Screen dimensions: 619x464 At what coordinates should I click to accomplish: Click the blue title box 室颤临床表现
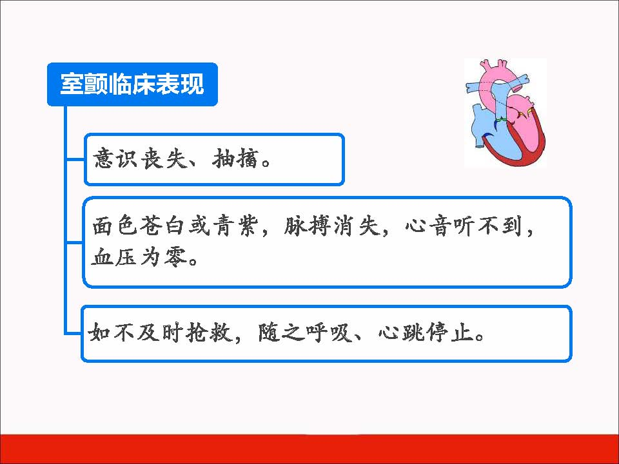coord(132,84)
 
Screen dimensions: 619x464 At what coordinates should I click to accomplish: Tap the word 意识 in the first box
coord(115,159)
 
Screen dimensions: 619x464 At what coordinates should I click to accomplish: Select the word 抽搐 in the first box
coord(236,159)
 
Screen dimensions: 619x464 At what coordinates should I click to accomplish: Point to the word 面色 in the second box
coord(115,226)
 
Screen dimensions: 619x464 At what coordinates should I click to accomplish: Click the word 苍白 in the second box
coord(163,226)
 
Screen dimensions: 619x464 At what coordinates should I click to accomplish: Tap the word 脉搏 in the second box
coord(307,226)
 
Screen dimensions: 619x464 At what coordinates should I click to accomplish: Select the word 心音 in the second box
coord(428,226)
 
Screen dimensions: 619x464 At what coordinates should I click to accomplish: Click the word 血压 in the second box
coord(114,257)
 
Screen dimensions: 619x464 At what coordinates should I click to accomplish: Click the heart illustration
coord(506,113)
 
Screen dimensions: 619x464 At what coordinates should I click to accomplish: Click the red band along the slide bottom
coord(309,449)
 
